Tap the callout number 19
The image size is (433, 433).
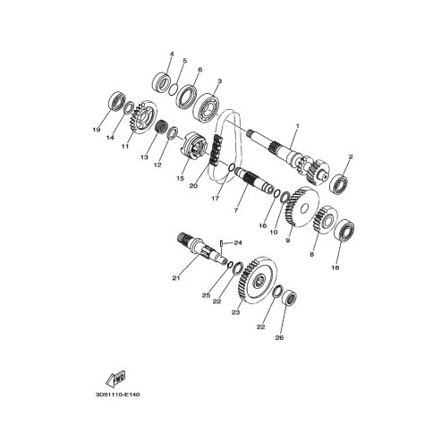click(97, 130)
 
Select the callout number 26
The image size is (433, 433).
click(279, 338)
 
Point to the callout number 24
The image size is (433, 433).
click(238, 243)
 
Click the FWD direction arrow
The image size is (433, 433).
click(115, 378)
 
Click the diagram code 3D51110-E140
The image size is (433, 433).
click(118, 395)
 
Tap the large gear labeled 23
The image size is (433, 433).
click(258, 280)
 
